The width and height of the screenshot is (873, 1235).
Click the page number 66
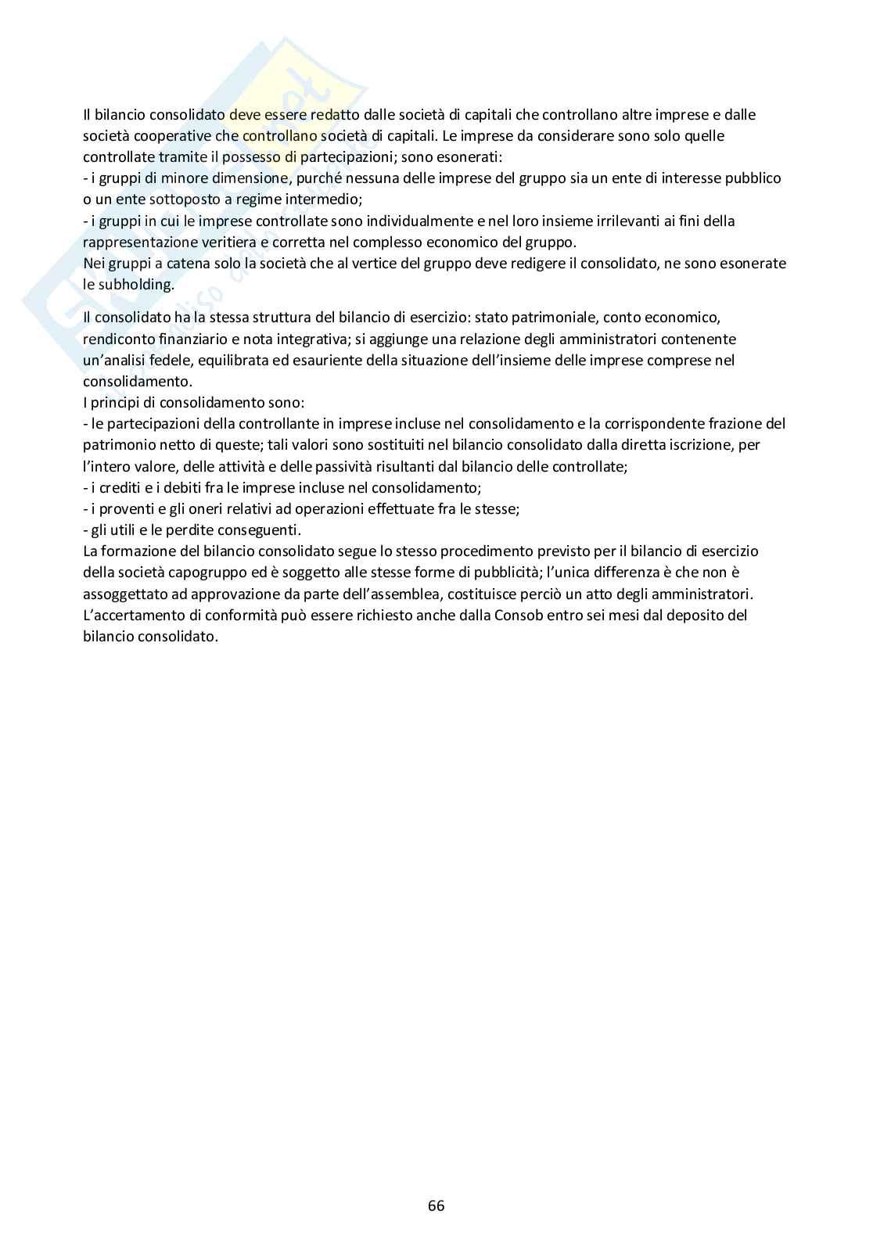(x=436, y=1205)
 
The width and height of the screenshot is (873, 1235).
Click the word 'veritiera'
(x=222, y=242)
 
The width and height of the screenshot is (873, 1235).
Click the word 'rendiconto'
(x=117, y=339)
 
